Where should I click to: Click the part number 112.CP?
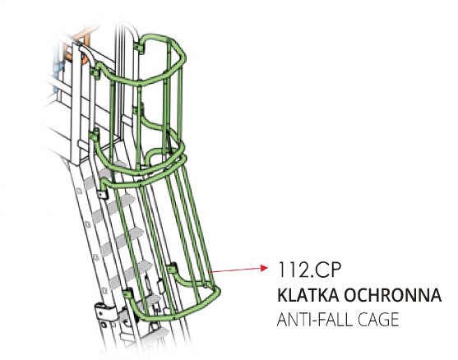tap(309, 270)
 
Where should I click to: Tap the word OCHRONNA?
tap(392, 295)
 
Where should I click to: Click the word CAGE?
tap(378, 320)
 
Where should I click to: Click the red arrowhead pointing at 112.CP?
tap(264, 268)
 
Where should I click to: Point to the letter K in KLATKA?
tap(282, 295)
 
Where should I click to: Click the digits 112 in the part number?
tap(290, 270)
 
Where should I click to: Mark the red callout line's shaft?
tap(235, 270)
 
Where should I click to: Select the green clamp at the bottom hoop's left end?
tap(127, 293)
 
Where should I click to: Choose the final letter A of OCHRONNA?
tap(435, 295)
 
